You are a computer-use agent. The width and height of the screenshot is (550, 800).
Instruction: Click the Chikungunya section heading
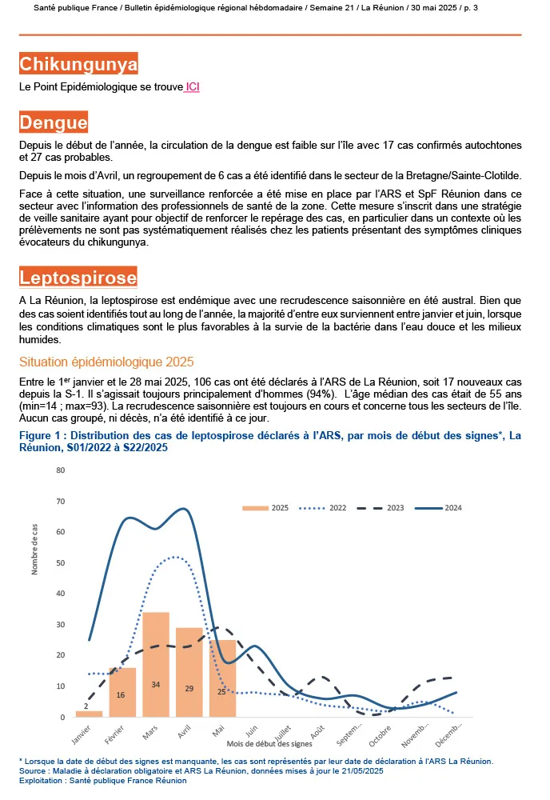[78, 64]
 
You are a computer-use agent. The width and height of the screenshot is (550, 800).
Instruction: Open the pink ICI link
[192, 86]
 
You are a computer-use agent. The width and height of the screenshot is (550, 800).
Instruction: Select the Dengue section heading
[54, 122]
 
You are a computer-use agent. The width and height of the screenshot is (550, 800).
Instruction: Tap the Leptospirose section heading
[78, 278]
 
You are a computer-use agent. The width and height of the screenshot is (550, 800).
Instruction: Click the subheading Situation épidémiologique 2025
[106, 362]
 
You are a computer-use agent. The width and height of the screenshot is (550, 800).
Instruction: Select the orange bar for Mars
[156, 664]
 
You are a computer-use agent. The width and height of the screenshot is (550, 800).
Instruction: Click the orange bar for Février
[122, 692]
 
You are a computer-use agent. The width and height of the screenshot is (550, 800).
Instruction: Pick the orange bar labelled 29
[189, 672]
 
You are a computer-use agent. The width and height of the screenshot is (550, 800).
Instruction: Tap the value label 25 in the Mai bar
[222, 691]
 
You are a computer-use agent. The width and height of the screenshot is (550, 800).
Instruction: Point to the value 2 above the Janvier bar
[86, 706]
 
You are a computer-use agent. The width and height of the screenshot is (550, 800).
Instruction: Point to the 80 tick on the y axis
[60, 470]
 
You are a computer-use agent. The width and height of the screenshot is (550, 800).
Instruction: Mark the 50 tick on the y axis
[60, 562]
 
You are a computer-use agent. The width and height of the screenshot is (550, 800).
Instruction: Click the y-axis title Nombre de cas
[35, 549]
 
